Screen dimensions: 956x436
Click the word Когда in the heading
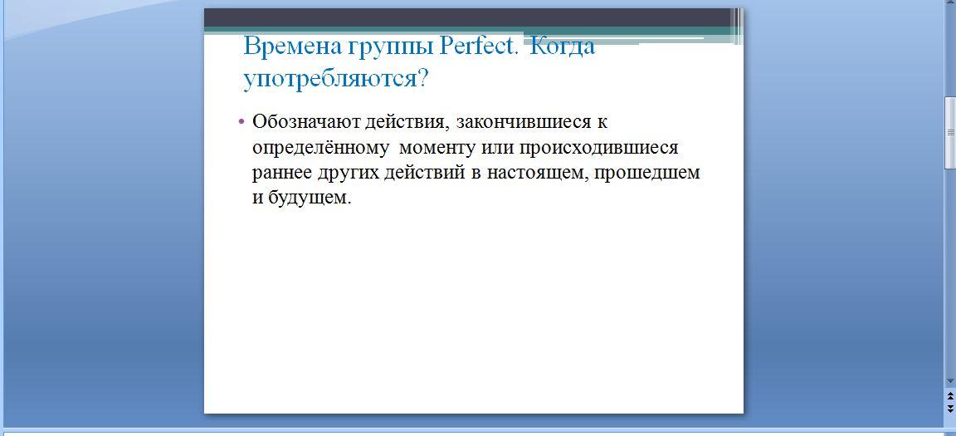[562, 47]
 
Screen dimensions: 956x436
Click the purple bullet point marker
[241, 121]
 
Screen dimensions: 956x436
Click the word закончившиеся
[524, 121]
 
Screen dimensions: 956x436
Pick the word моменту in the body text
[437, 148]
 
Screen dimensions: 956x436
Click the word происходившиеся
[598, 148]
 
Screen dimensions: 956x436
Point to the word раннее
[282, 174]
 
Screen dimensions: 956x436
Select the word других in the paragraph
[349, 174]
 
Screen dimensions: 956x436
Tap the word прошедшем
[647, 174]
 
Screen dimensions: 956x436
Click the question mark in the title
[422, 79]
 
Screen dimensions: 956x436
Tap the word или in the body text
[497, 148]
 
